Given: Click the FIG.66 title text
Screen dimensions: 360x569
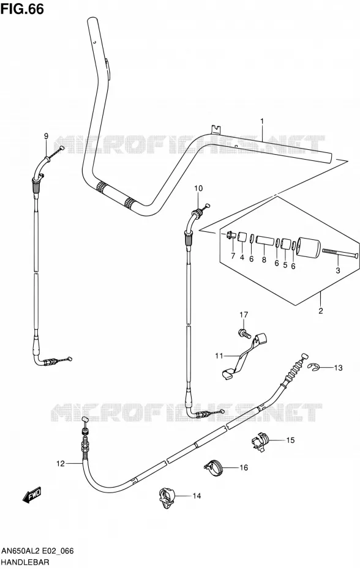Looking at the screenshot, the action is [x=23, y=9].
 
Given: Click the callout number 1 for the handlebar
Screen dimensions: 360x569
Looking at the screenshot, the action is [x=262, y=121].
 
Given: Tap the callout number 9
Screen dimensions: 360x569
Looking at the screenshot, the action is [x=46, y=136].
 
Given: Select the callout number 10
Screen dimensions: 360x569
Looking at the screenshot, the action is [x=198, y=188].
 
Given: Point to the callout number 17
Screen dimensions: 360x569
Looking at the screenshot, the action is [x=243, y=314].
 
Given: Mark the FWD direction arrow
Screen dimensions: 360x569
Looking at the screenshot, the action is [x=32, y=496].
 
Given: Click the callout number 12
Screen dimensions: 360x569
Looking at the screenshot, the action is [x=60, y=463].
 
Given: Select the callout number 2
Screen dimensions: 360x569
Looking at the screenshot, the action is [x=320, y=311].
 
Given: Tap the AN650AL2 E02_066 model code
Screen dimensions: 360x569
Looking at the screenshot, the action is [x=37, y=551].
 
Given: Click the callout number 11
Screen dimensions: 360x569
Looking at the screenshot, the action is [x=219, y=356].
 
